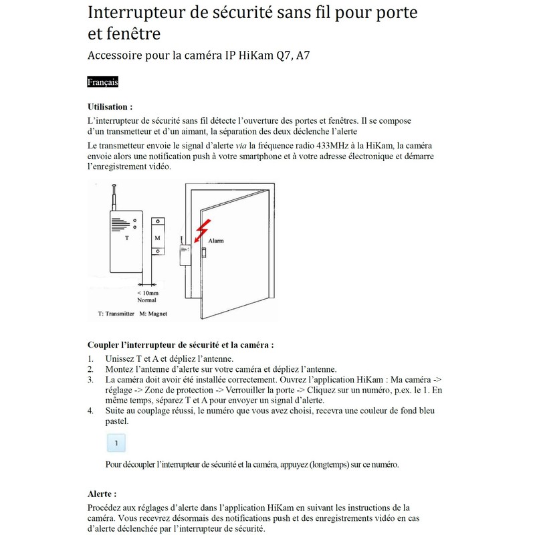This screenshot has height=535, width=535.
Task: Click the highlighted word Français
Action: click(102, 82)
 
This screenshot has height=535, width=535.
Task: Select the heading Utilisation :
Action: click(110, 107)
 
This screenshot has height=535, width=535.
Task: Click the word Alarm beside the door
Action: click(216, 240)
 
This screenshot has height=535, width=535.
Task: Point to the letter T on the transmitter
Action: click(127, 238)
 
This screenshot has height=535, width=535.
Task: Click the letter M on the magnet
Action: click(157, 238)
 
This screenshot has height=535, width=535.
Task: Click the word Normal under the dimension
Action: click(146, 300)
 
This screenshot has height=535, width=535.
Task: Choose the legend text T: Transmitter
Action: click(112, 314)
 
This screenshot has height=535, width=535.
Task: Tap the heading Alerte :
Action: click(102, 494)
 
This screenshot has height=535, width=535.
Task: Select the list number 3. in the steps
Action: click(91, 380)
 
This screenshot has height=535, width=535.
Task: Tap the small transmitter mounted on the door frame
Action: click(184, 255)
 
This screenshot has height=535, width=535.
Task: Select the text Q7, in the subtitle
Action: click(280, 56)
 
